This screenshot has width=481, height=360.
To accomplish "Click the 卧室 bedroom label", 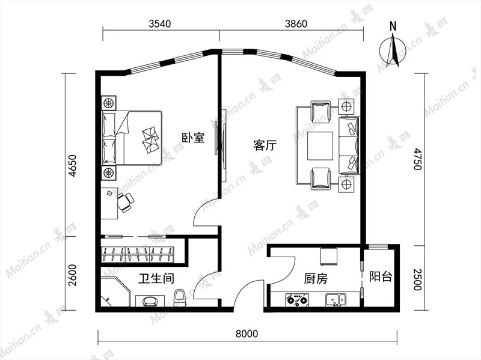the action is [193, 138].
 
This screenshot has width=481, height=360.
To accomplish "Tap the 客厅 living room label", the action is [265, 145].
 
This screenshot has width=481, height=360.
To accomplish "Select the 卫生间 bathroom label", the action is [156, 278].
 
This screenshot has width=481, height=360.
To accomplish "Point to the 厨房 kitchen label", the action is [316, 278].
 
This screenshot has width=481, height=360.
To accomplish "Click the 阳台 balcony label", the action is [381, 276].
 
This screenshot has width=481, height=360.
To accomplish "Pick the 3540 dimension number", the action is [160, 23].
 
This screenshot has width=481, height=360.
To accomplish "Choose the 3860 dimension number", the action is [296, 23].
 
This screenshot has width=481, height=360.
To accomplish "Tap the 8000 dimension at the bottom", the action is [247, 334].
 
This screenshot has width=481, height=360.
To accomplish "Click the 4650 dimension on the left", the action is [72, 166].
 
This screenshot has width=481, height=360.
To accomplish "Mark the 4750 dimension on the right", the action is [418, 159].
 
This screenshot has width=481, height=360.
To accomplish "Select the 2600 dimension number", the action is [72, 275].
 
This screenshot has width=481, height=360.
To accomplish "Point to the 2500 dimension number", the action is [418, 279].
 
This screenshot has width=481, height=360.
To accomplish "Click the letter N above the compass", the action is [393, 26].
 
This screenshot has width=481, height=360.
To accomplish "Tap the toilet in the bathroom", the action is [179, 297].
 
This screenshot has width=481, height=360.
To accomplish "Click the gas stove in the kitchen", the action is [297, 300].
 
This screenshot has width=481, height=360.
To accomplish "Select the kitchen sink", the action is [336, 300].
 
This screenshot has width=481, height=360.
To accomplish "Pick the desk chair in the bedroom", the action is [126, 202].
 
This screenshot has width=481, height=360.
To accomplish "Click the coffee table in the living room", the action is [320, 146].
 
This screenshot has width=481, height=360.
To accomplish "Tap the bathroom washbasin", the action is [150, 301].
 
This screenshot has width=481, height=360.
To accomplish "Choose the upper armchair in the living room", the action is [320, 111].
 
